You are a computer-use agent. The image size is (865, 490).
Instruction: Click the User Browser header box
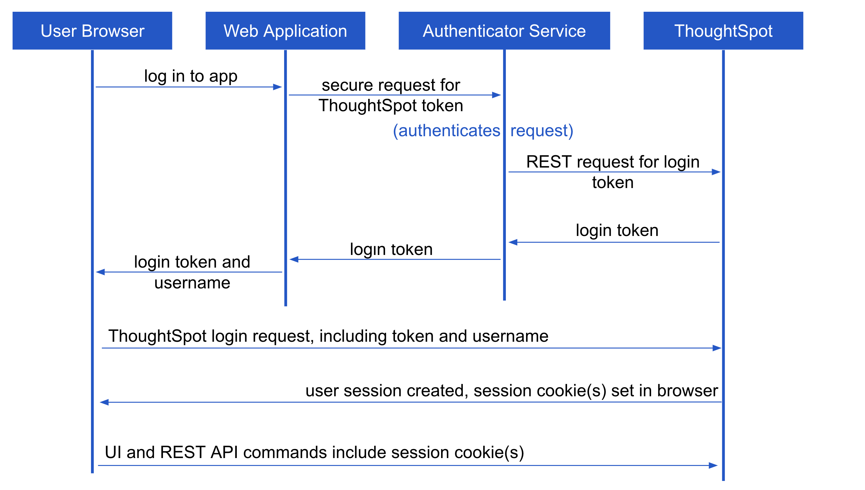(92, 31)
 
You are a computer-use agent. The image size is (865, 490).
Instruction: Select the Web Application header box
(285, 31)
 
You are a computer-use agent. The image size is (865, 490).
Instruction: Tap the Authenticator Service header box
(504, 31)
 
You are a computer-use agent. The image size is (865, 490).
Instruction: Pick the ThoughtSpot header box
(723, 31)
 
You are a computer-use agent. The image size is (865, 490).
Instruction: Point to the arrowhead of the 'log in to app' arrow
(277, 87)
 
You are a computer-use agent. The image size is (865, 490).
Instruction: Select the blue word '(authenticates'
(447, 131)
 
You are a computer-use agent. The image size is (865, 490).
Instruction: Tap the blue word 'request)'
(542, 131)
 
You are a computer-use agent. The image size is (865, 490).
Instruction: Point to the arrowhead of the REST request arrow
(716, 172)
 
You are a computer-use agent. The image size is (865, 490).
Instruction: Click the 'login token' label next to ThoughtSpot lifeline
(617, 231)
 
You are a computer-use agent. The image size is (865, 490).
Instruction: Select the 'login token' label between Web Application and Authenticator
(391, 250)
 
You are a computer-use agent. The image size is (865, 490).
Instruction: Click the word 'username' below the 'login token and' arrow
(192, 283)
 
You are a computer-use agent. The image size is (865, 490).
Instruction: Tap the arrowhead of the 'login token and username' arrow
(100, 272)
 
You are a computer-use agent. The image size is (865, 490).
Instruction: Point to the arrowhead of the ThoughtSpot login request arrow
(717, 348)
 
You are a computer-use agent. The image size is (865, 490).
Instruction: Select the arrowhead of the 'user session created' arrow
(104, 402)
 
